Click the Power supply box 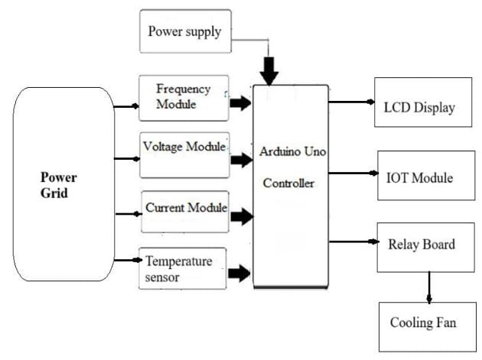pyautogui.click(x=184, y=31)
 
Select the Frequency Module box pyautogui.click(x=184, y=97)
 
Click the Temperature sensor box pyautogui.click(x=182, y=268)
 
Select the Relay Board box pyautogui.click(x=421, y=245)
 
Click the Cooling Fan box pyautogui.click(x=423, y=324)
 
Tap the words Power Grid pyautogui.click(x=58, y=185)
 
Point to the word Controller pyautogui.click(x=289, y=183)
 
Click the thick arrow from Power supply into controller pyautogui.click(x=268, y=71)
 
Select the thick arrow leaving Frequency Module pyautogui.click(x=240, y=103)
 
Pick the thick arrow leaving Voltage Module pyautogui.click(x=241, y=161)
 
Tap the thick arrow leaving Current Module pyautogui.click(x=241, y=216)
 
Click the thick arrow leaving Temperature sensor pyautogui.click(x=239, y=272)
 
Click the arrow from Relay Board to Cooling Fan pyautogui.click(x=429, y=287)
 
